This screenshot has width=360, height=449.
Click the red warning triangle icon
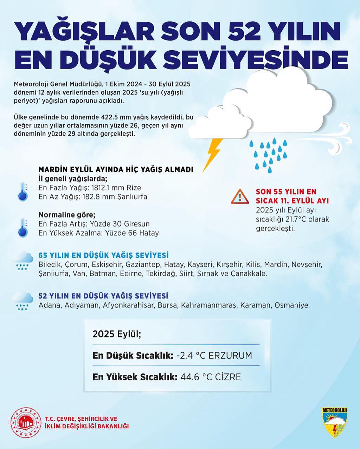240,196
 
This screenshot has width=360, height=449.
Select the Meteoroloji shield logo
334,422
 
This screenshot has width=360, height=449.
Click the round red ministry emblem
26,423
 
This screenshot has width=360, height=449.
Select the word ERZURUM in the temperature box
230,355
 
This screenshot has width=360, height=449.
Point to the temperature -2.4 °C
191,355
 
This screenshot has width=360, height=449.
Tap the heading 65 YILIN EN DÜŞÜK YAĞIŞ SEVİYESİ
103,255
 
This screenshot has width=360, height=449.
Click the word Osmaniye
292,305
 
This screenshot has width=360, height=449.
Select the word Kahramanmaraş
209,305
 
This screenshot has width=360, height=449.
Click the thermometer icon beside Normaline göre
23,228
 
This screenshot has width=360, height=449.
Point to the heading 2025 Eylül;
117,334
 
